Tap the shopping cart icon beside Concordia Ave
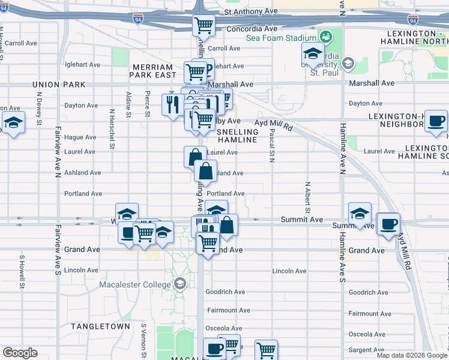[x=203, y=26]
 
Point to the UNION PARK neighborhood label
[x=56, y=85]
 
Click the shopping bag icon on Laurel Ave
[x=195, y=157]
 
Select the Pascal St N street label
[x=272, y=145]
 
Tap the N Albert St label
[x=307, y=197]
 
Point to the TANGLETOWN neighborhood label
[x=100, y=326]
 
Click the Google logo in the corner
[x=20, y=352]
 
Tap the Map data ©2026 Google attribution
[x=412, y=355]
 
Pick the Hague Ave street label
[x=80, y=137]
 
